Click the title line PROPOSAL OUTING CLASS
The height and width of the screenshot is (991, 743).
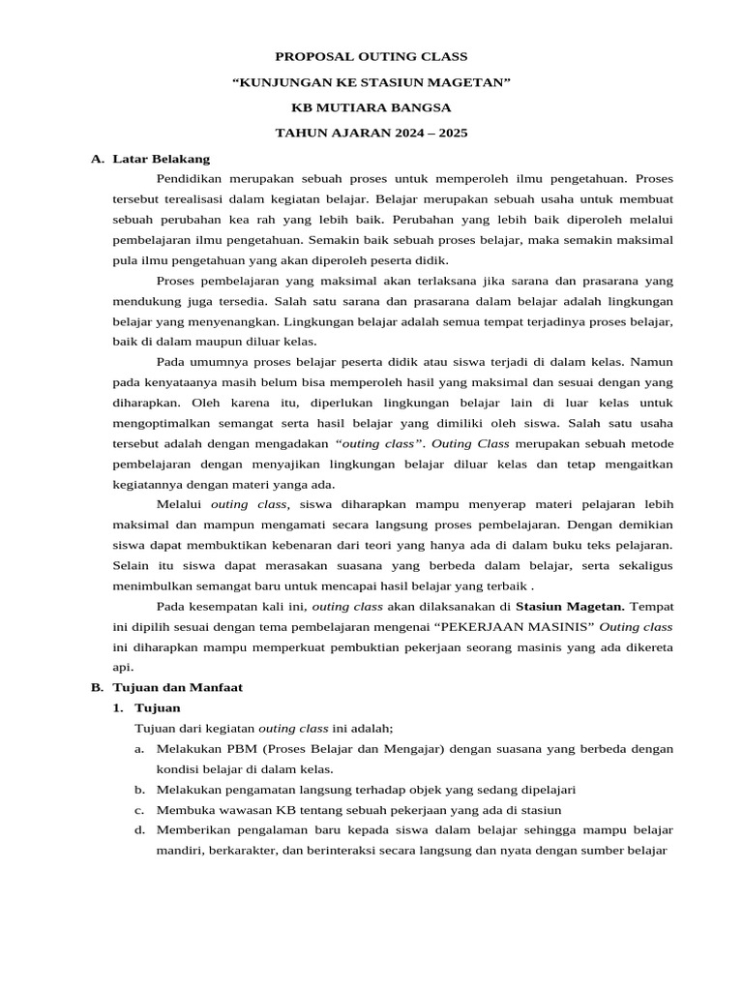(371, 57)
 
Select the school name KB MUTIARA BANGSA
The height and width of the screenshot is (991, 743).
(371, 107)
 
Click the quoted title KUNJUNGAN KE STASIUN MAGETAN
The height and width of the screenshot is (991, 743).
(371, 82)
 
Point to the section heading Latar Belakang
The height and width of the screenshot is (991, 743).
(161, 158)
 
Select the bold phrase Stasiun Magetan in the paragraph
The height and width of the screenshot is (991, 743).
(570, 607)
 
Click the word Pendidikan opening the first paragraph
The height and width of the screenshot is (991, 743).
(193, 179)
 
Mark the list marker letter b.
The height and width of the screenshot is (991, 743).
(139, 790)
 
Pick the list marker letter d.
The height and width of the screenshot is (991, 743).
(139, 830)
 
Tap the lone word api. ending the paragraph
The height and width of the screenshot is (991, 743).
(122, 668)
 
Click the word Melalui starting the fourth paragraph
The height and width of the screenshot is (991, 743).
(180, 504)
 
